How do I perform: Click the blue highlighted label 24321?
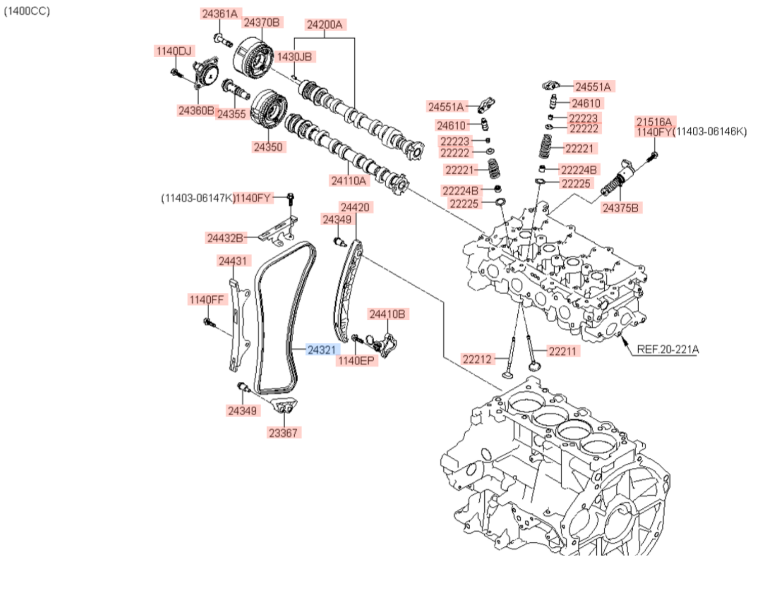click(322, 350)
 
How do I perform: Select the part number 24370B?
click(261, 22)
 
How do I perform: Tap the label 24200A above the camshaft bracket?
click(324, 25)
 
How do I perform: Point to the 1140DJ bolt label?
click(174, 51)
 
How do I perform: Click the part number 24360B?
click(196, 110)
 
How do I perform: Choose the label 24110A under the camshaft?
click(348, 181)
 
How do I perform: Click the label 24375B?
click(620, 208)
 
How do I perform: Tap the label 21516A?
click(654, 122)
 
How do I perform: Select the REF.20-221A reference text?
click(667, 349)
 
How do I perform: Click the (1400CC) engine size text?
click(27, 11)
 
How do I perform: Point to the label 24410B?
click(387, 314)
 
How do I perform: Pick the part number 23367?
click(283, 433)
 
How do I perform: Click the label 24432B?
click(225, 238)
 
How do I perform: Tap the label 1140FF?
click(207, 300)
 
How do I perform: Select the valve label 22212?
click(477, 359)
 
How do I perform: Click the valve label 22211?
click(562, 351)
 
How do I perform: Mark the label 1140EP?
click(356, 361)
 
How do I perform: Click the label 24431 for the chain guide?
click(233, 261)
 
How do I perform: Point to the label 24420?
click(355, 207)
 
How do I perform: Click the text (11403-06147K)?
click(198, 198)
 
